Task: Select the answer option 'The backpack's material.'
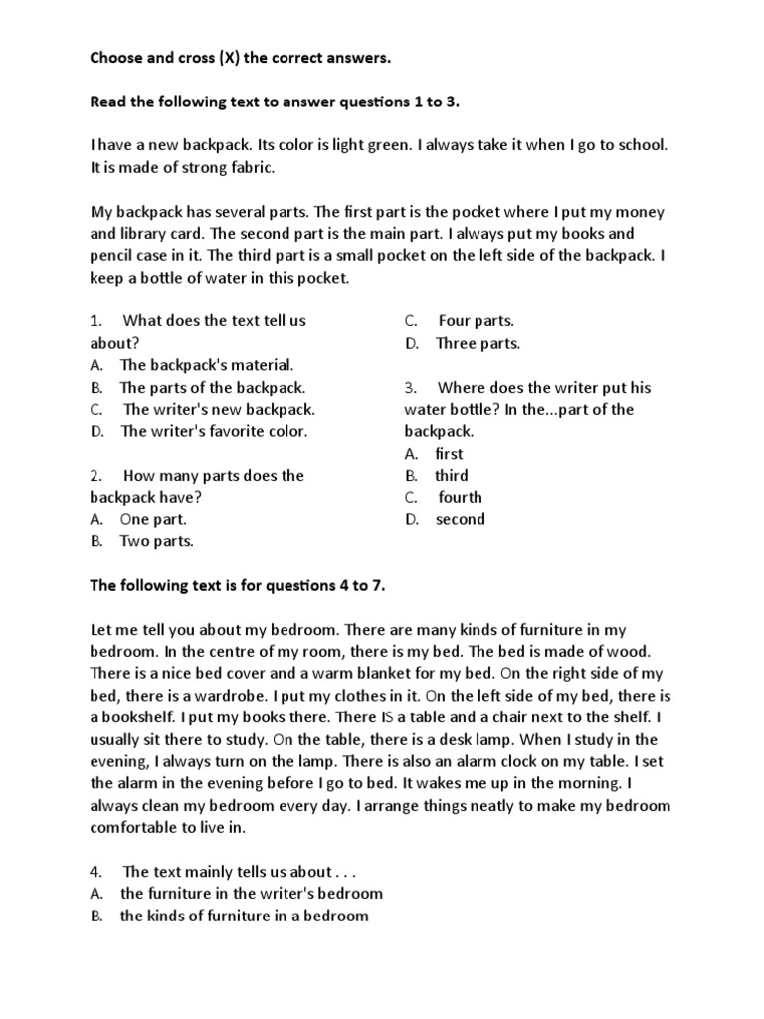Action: (206, 365)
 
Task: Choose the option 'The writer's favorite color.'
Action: (214, 431)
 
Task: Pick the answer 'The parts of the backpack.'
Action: (212, 387)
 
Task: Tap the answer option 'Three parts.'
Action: (477, 343)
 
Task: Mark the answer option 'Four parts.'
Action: (476, 321)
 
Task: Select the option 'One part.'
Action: (153, 518)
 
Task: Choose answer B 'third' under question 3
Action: (451, 475)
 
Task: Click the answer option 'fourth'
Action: (460, 497)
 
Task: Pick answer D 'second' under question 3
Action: (460, 518)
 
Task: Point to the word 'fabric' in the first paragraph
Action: (244, 168)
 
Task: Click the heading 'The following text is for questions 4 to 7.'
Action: (237, 585)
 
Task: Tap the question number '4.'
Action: (96, 871)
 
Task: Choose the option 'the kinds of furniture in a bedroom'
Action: (244, 915)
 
